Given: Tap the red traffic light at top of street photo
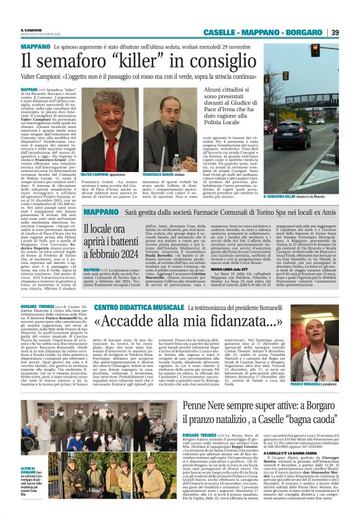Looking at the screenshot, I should click(315, 50).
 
